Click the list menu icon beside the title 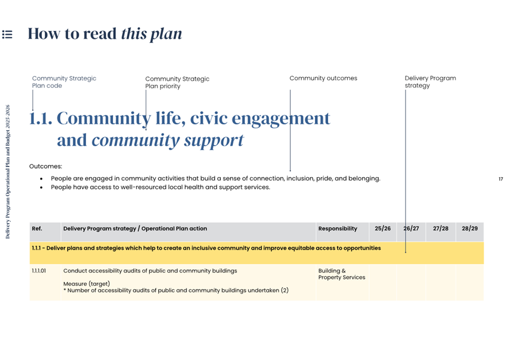point(7,34)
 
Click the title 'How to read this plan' point(105,34)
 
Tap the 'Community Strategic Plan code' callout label point(64,82)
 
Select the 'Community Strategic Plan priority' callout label point(177,83)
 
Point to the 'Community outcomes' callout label point(323,79)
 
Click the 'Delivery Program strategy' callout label point(430,82)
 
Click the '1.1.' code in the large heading point(41,119)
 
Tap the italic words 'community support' point(168,140)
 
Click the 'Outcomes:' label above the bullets point(45,166)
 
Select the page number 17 point(500,179)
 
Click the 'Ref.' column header point(37,229)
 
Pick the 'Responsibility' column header point(337,229)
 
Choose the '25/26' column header point(383,229)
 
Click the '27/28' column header point(441,229)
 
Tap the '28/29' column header point(469,229)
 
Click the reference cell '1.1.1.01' point(39,271)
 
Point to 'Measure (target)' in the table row point(86,283)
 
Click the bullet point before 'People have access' point(41,187)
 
